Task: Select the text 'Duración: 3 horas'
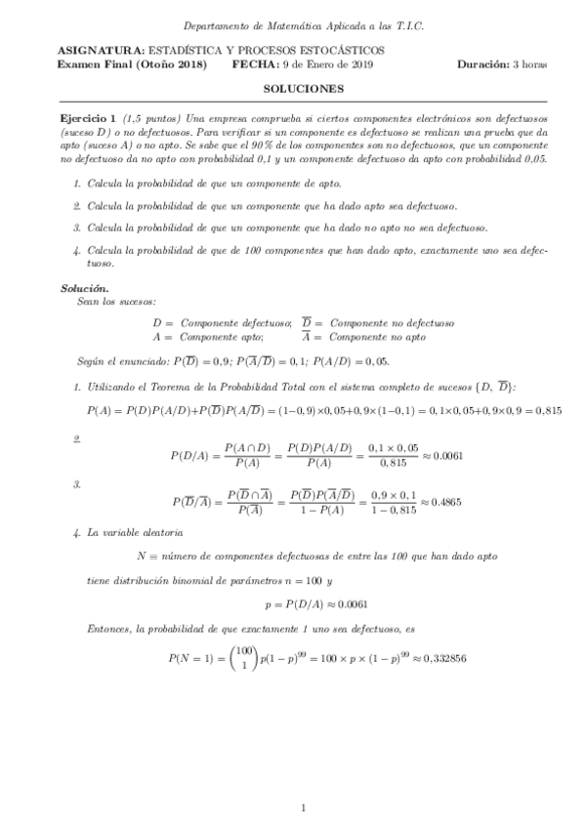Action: point(501,63)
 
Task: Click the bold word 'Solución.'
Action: point(83,289)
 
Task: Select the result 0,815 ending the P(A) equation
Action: point(546,383)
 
